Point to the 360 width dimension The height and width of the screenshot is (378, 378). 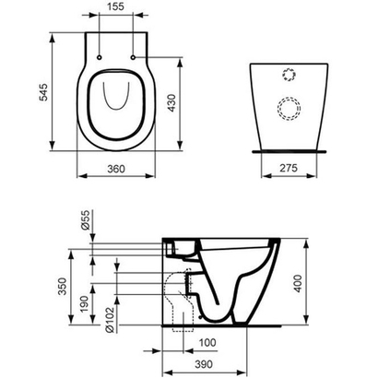pyautogui.click(x=115, y=169)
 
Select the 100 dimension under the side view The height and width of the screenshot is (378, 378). pyautogui.click(x=210, y=343)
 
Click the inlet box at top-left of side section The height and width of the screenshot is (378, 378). pyautogui.click(x=176, y=247)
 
